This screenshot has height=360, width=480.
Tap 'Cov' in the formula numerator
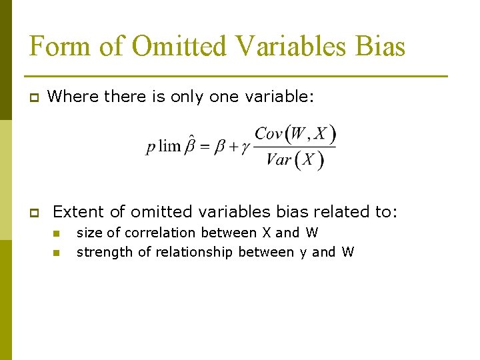[269, 134]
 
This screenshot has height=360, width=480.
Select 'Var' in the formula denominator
[279, 160]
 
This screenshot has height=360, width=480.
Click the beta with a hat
[191, 145]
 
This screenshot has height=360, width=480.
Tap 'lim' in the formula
[171, 147]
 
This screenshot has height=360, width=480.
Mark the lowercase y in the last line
[302, 253]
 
